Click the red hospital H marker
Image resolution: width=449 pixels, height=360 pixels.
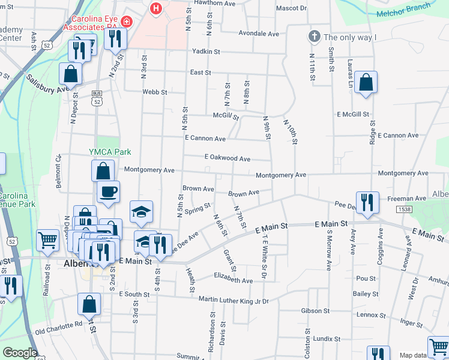coord(156,9)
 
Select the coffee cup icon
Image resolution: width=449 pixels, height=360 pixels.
coord(108,192)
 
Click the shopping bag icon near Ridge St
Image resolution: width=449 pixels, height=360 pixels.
coord(366,83)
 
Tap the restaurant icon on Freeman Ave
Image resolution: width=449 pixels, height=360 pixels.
coord(366,202)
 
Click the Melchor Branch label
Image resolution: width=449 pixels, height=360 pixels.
coord(403,10)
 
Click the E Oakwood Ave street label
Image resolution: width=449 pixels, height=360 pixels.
coord(227,158)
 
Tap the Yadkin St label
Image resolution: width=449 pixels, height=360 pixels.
coord(203,52)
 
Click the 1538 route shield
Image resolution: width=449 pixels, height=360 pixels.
coord(404,209)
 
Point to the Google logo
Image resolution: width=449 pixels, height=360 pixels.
coord(20,353)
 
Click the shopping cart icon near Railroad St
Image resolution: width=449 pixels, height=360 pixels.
coord(47,239)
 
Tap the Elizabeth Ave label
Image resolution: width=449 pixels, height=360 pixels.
coord(234,280)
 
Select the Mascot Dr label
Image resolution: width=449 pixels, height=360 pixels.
coord(291,9)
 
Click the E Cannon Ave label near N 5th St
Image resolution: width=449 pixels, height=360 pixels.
coord(205,139)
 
